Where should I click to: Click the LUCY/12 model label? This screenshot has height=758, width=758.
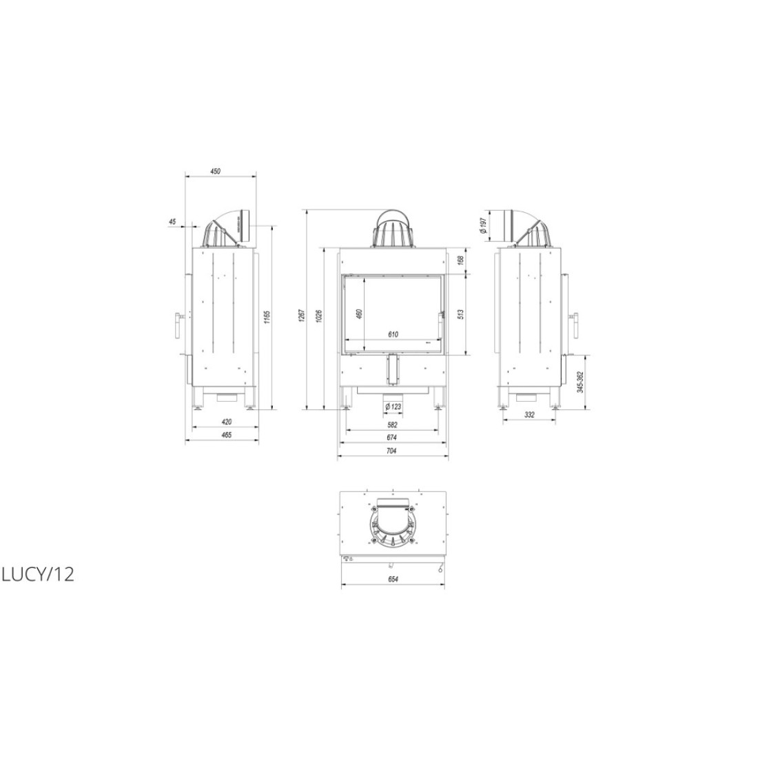point(38,574)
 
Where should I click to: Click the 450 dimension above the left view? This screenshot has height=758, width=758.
point(215,171)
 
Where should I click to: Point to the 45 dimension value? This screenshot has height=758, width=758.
point(172,221)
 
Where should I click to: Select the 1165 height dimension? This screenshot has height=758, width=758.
point(267,318)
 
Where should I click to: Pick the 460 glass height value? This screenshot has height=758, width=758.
point(358,314)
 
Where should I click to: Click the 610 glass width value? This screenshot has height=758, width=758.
point(393,334)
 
